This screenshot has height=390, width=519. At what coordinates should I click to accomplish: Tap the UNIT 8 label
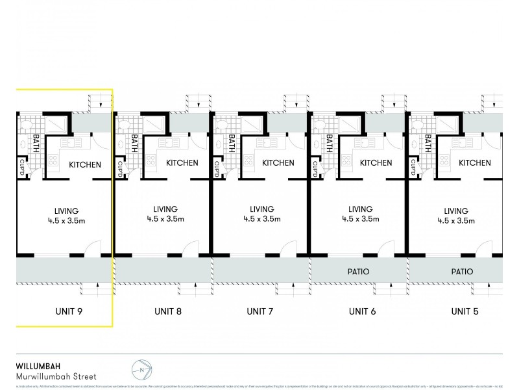click(x=168, y=311)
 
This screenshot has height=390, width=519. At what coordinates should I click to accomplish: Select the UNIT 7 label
click(x=260, y=311)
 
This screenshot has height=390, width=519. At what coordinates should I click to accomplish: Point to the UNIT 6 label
click(x=363, y=311)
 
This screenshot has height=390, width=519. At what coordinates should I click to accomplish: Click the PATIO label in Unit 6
click(x=358, y=272)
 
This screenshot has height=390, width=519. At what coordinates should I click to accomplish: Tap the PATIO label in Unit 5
click(x=459, y=272)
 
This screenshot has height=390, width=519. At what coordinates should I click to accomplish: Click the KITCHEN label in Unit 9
click(x=85, y=164)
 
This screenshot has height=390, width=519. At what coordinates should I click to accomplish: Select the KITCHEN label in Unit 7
click(x=279, y=162)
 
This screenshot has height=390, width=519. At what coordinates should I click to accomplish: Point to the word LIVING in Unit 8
click(x=165, y=209)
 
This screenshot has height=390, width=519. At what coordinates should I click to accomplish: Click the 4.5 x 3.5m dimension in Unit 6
click(x=360, y=219)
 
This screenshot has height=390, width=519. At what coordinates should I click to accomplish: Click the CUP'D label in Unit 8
click(x=121, y=168)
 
